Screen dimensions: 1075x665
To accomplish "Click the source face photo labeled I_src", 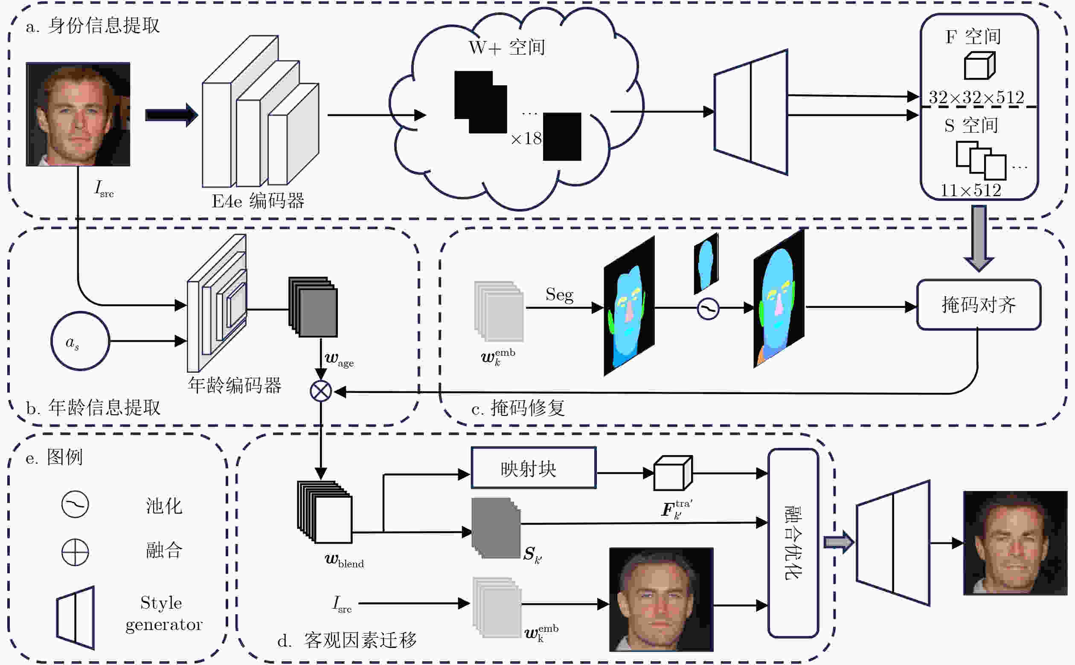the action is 78,114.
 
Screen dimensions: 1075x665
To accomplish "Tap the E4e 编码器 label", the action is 258,201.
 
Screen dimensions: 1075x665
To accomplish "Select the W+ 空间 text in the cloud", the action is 507,47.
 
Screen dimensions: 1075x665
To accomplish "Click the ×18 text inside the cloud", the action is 526,139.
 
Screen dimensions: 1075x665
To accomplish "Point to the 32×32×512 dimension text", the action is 976,97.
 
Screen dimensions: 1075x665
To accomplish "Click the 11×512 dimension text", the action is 971,190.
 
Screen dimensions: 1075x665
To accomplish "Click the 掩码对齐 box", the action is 979,305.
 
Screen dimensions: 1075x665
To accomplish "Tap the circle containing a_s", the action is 80,341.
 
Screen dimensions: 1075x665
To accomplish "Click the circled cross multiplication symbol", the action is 321,391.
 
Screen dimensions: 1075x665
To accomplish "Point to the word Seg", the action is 560,295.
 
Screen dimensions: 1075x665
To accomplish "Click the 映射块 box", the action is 534,468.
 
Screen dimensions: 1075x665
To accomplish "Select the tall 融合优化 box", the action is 793,543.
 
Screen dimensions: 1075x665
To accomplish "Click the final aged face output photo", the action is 1015,543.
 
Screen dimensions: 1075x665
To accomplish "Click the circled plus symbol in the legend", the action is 75,552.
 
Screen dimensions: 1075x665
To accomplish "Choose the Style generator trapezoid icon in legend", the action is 75,618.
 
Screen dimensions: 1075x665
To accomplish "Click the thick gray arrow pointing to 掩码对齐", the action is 979,238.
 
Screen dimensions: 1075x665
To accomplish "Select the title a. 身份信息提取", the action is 93,26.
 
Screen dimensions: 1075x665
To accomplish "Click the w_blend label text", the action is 344,561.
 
